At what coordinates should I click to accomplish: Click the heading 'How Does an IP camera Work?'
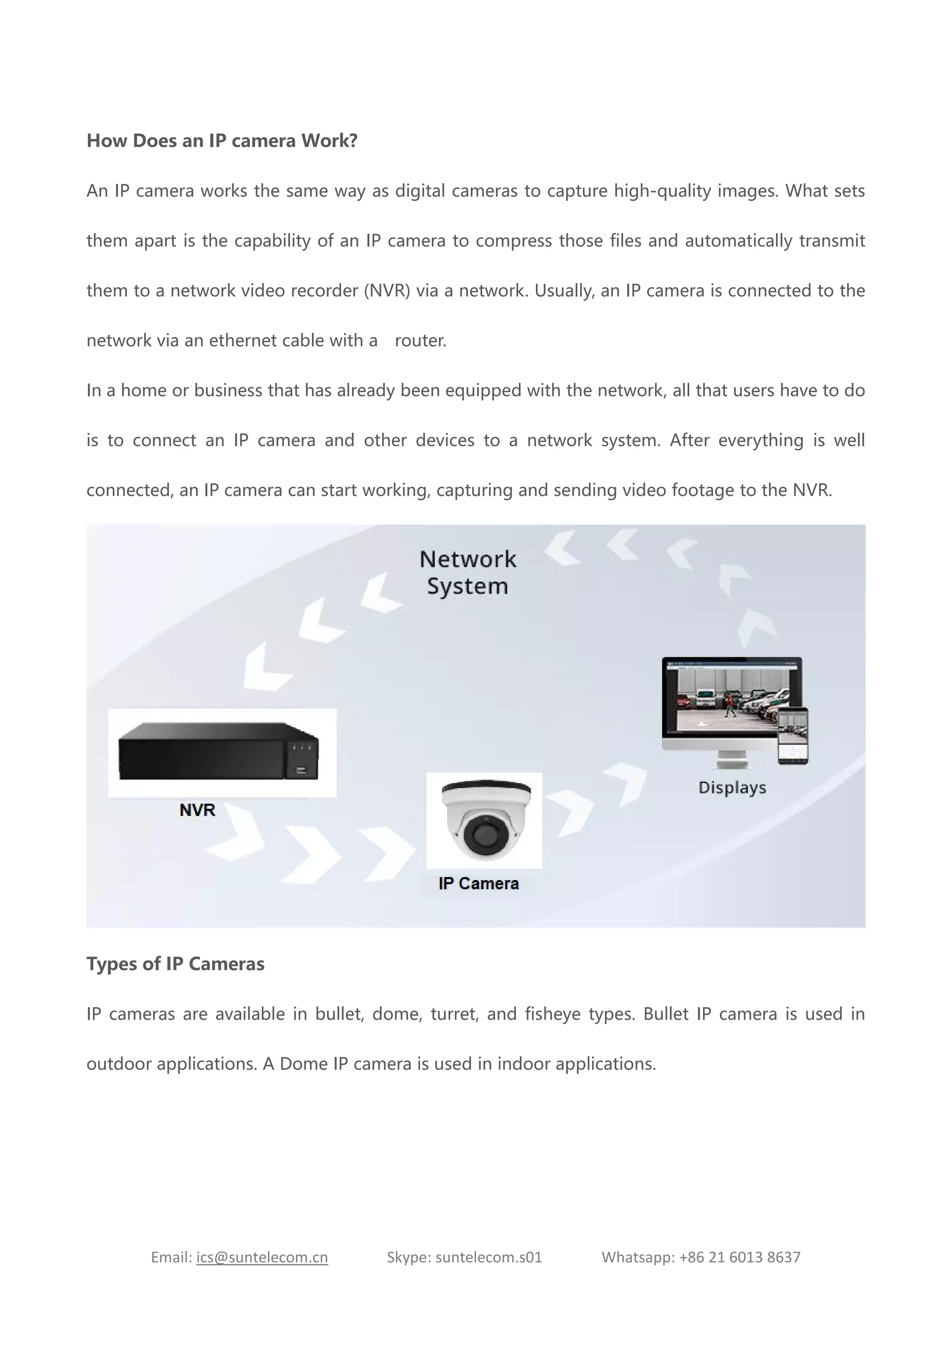[x=222, y=141]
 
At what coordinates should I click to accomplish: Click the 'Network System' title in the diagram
[x=468, y=572]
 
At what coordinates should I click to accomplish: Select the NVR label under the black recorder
[x=198, y=810]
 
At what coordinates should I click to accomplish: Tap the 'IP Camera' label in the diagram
[x=478, y=884]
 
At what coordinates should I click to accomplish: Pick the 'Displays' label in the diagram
[x=732, y=787]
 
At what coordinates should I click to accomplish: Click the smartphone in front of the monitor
[x=793, y=736]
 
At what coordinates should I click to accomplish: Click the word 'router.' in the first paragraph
[x=420, y=341]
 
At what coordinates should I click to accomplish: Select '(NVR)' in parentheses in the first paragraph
[x=387, y=291]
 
